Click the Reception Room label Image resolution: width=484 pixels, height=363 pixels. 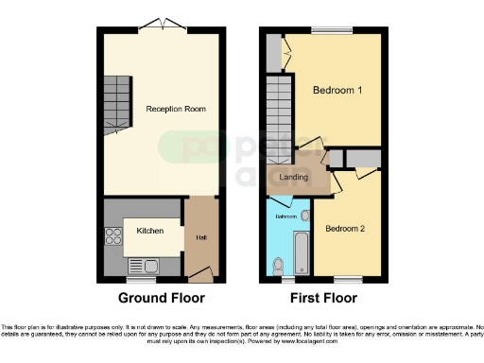176,109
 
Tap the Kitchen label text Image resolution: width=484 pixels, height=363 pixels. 149,231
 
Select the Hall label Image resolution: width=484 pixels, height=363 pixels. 201,236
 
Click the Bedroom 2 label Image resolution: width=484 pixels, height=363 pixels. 345,229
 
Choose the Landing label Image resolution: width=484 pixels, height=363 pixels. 295,177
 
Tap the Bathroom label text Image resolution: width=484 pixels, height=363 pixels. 285,216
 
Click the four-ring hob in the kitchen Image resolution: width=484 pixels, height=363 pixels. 112,237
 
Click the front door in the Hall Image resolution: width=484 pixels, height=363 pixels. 200,275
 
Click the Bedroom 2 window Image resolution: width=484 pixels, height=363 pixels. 348,281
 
